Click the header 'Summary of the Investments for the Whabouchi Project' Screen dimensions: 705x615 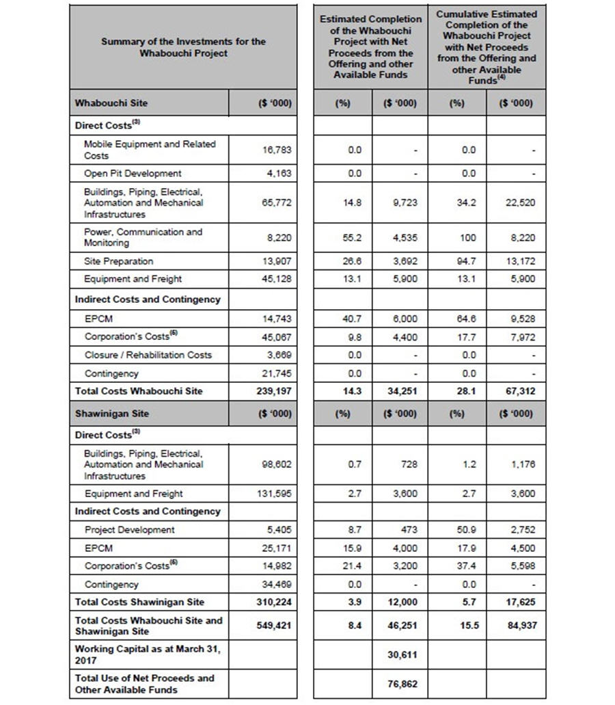183,47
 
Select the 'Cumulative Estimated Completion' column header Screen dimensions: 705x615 486,46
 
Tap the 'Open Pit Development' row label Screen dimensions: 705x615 133,174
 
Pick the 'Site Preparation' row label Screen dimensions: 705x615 119,261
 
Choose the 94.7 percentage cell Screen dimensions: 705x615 468,261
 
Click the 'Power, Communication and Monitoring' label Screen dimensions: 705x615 143,237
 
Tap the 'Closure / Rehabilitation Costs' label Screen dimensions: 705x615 148,355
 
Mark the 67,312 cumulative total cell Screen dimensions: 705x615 517,392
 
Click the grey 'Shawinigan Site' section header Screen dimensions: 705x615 112,414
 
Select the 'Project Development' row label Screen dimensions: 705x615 130,530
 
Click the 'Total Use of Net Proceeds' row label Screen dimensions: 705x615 144,684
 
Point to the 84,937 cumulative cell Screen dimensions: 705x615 517,626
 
